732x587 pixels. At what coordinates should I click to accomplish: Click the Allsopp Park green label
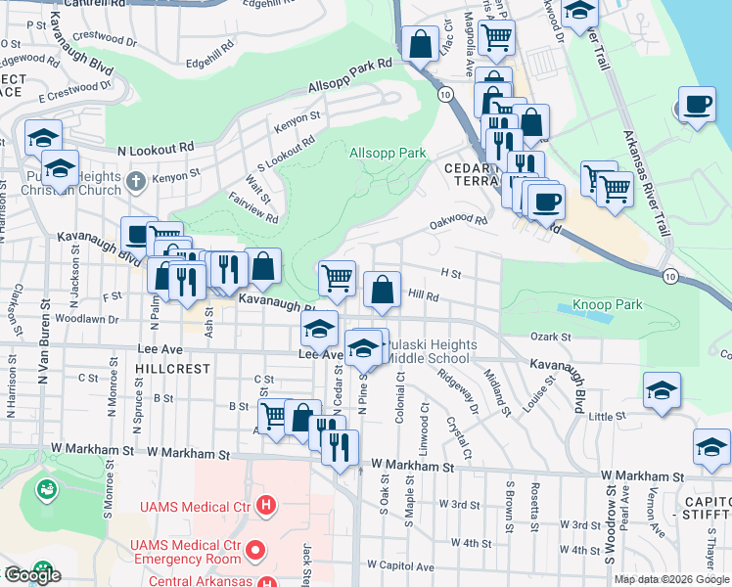pyautogui.click(x=388, y=153)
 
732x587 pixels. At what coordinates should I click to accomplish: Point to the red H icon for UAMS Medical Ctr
pyautogui.click(x=266, y=506)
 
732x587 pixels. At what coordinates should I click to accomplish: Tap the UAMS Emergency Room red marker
pyautogui.click(x=256, y=551)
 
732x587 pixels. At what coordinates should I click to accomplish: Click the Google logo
pyautogui.click(x=33, y=575)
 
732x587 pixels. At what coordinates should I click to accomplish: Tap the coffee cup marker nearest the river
pyautogui.click(x=697, y=105)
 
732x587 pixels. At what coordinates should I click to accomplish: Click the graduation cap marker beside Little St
pyautogui.click(x=663, y=390)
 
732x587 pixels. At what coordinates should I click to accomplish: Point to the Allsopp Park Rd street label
pyautogui.click(x=350, y=74)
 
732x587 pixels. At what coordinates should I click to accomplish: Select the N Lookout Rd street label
pyautogui.click(x=155, y=149)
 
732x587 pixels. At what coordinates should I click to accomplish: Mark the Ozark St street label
pyautogui.click(x=551, y=337)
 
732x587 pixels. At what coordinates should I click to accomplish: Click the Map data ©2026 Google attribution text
pyautogui.click(x=671, y=579)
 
